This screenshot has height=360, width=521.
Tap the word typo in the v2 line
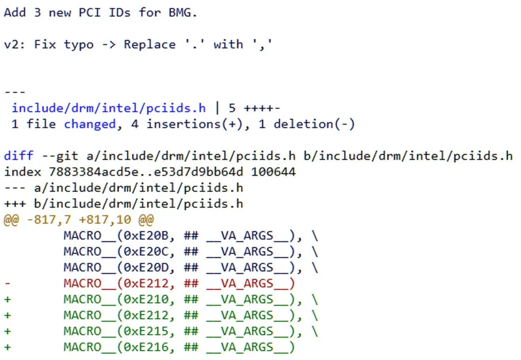coord(79,44)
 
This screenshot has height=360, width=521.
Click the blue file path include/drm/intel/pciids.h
coord(109,108)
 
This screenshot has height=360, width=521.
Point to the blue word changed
coord(90,124)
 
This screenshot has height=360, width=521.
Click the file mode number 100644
coord(273,172)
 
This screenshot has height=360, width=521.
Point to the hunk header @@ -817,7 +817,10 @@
coord(79,220)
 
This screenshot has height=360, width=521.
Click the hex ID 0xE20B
coord(149,235)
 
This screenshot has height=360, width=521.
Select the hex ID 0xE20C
coord(149,251)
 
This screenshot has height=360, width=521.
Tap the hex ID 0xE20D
coord(149,267)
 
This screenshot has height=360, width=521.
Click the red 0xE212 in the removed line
coord(149,283)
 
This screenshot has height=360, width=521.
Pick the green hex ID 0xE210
coord(149,299)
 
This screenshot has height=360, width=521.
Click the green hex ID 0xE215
coord(149,331)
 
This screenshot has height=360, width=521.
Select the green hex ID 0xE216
coord(149,347)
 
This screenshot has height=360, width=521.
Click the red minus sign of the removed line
coord(7,283)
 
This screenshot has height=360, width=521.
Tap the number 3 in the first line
coord(37,13)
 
